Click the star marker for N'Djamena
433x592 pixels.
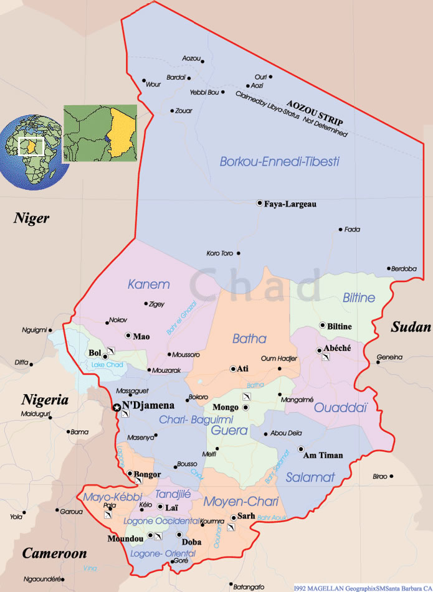117,408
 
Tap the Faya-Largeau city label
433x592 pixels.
290,204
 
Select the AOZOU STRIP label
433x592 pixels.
315,111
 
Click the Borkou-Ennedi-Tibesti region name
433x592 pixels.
279,161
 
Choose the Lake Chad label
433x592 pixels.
107,364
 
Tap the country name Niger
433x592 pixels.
32,218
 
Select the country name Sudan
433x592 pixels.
411,327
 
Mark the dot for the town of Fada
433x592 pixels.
341,230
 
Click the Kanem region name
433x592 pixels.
148,284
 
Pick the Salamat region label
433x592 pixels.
310,477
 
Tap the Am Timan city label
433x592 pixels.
323,455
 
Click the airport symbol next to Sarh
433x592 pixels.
231,527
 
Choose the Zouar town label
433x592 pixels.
184,111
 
